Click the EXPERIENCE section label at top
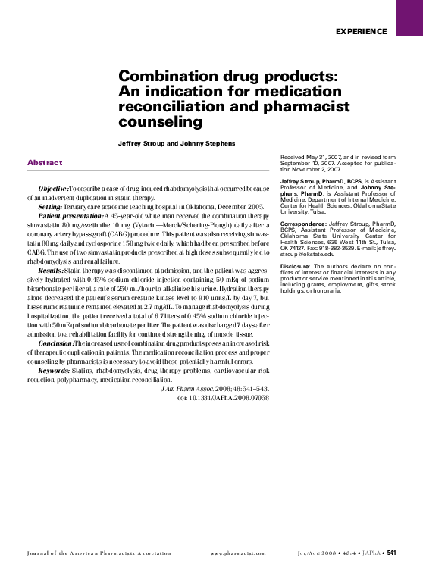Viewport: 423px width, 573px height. [360, 31]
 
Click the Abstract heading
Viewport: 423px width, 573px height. [45, 162]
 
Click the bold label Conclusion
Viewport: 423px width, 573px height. [56, 343]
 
